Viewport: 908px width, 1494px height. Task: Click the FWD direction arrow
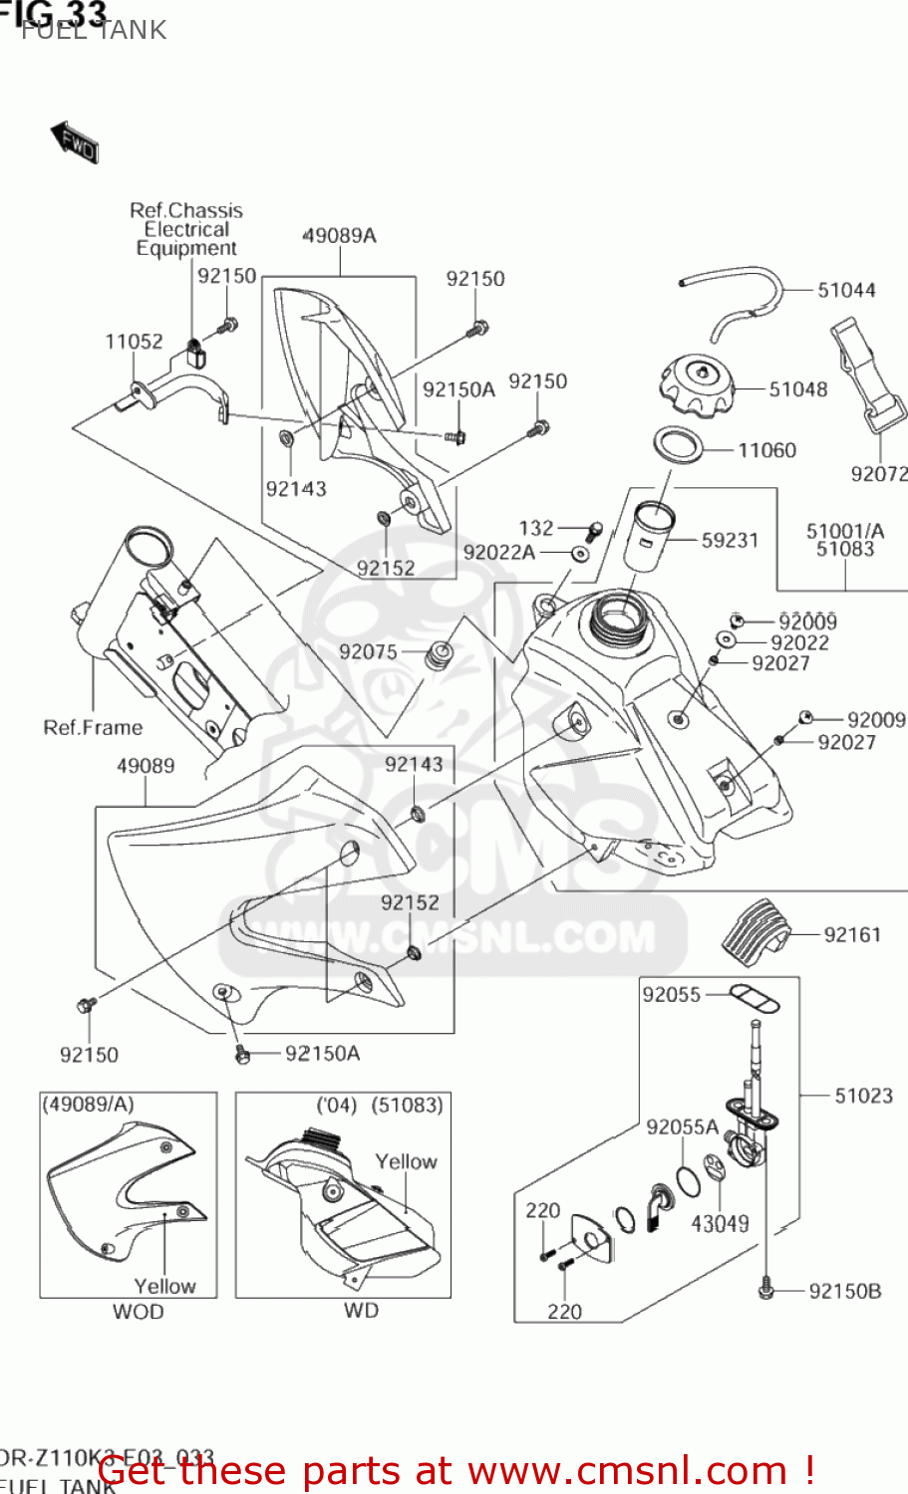click(75, 142)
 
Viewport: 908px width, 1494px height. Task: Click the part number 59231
click(730, 540)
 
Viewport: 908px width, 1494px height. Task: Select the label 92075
click(368, 651)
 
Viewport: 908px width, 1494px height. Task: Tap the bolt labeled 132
click(594, 530)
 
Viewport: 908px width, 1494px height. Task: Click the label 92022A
click(498, 552)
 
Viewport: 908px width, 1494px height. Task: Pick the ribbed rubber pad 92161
click(756, 931)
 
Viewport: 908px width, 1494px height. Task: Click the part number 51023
click(863, 1096)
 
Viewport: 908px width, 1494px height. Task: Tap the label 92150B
click(844, 1291)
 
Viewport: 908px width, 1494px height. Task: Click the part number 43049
click(720, 1223)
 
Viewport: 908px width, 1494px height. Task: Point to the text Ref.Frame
click(93, 727)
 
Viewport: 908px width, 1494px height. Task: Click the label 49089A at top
click(339, 236)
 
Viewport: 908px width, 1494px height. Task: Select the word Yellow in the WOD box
click(164, 1286)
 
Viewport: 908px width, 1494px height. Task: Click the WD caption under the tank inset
click(361, 1311)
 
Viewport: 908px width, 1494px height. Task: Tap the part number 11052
click(134, 342)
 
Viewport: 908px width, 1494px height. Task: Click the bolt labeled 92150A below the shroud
click(241, 1053)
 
